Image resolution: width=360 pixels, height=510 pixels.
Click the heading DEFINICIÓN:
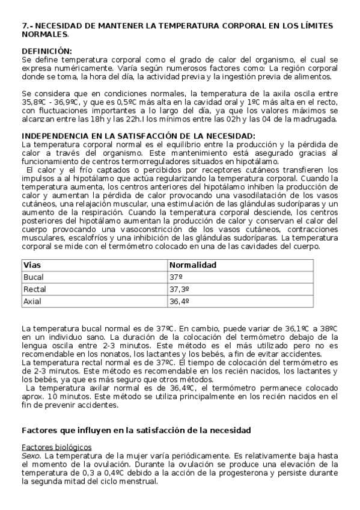tap(46, 51)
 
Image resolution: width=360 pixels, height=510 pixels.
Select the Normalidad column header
tap(193, 265)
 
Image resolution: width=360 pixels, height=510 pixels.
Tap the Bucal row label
tap(33, 277)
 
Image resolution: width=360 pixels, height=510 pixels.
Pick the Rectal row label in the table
tap(34, 289)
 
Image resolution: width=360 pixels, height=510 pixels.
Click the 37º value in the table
tap(175, 277)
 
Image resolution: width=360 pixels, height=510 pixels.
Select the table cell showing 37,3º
tap(179, 289)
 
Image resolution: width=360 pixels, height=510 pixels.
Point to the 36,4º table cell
tap(179, 301)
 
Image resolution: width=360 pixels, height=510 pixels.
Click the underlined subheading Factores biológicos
tap(56, 447)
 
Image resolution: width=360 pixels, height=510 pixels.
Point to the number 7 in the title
tap(24, 26)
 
